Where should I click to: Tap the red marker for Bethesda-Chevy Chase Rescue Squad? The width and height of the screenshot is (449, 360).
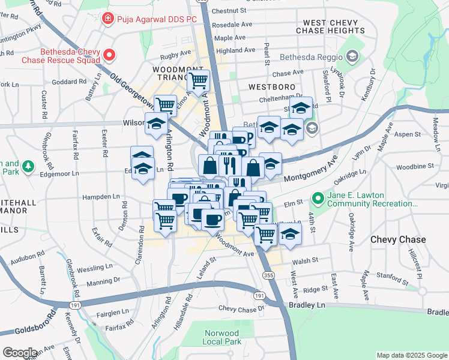(x=110, y=56)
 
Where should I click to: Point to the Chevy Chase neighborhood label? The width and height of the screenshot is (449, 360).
(x=398, y=239)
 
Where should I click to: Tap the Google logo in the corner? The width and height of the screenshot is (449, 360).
(x=20, y=353)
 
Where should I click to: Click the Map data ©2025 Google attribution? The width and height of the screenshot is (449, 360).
(x=411, y=355)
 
